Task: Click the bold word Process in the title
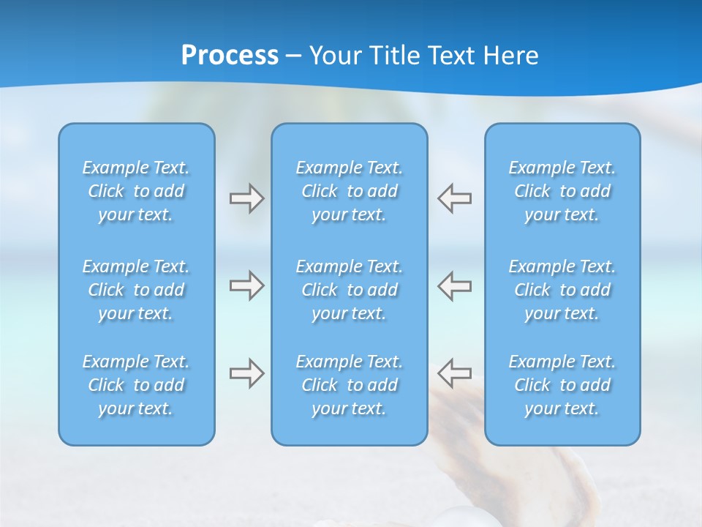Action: (x=230, y=56)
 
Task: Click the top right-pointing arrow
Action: (x=246, y=198)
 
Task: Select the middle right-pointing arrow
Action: (x=246, y=285)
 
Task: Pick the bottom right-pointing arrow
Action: (x=246, y=373)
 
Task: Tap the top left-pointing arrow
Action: (x=454, y=198)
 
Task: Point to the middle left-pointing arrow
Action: (x=454, y=285)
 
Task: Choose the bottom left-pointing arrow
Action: (x=454, y=373)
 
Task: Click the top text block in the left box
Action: (x=136, y=191)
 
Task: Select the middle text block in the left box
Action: (x=136, y=290)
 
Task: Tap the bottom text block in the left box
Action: (x=136, y=385)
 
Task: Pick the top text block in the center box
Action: (x=350, y=191)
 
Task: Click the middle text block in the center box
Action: (x=350, y=290)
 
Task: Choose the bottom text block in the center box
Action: (x=350, y=385)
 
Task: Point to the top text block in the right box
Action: (x=562, y=191)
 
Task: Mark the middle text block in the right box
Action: (x=562, y=290)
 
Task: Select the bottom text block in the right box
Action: (x=562, y=385)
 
